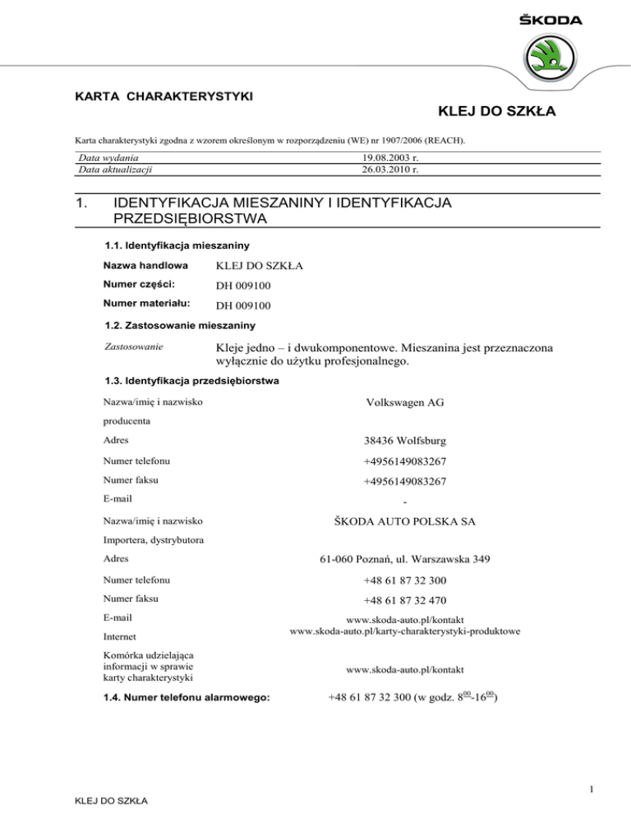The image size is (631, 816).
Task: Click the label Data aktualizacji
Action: coord(115,170)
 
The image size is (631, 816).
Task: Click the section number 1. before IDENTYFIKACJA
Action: coord(83,203)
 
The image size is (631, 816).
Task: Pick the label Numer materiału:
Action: coord(144,306)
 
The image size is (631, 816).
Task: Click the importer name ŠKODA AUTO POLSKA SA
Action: coord(390,520)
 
